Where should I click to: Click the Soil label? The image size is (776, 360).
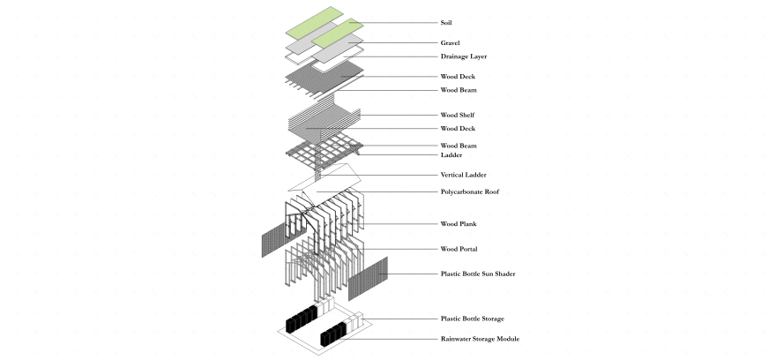tap(446, 23)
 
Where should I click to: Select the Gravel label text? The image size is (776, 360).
tap(450, 43)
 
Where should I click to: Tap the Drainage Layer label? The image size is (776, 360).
tap(464, 56)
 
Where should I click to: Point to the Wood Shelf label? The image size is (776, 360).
tap(458, 116)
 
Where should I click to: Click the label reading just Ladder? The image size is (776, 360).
tap(451, 155)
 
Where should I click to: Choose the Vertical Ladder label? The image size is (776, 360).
tap(463, 175)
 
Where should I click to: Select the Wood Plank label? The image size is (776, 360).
tap(459, 224)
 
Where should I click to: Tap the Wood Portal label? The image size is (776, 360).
tap(459, 249)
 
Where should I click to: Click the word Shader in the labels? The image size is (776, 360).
tap(505, 274)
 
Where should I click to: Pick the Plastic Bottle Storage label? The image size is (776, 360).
tap(472, 319)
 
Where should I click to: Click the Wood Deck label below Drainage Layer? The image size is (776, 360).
tap(458, 77)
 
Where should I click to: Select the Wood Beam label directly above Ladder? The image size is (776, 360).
tap(459, 146)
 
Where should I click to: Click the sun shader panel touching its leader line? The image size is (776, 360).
tap(368, 279)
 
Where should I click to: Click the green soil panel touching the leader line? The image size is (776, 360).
tap(338, 34)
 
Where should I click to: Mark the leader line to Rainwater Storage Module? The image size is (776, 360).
tap(390, 339)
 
